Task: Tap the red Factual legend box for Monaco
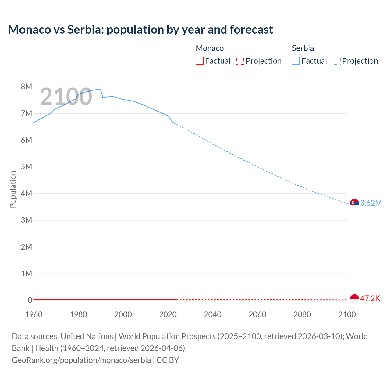[199, 61]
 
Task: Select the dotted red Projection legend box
[240, 61]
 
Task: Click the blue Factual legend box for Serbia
[296, 61]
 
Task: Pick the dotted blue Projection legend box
[336, 61]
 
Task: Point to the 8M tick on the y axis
[27, 87]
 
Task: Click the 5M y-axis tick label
[27, 167]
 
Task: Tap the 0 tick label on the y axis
[30, 300]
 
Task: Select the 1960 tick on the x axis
[34, 314]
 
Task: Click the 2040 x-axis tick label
[213, 314]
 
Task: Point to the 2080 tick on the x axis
[302, 314]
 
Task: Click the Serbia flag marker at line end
[354, 203]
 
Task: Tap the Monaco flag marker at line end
[354, 299]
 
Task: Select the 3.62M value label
[371, 203]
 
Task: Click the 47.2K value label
[370, 298]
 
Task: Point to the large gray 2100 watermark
[66, 97]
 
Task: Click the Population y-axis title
[13, 189]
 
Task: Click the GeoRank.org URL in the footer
[81, 360]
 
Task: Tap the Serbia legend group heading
[303, 48]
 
